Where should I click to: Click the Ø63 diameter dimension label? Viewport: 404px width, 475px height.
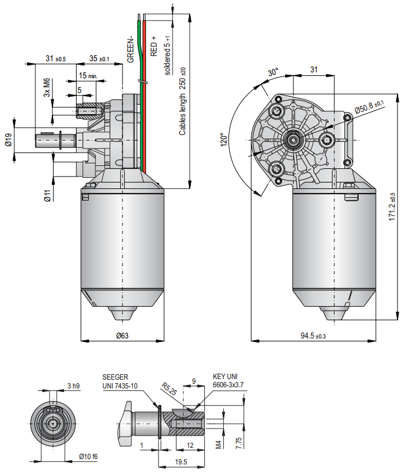(x=122, y=336)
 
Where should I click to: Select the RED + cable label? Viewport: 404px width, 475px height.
(x=154, y=45)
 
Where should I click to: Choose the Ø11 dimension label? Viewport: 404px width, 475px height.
(x=48, y=195)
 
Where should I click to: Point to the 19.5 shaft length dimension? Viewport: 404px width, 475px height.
(x=181, y=462)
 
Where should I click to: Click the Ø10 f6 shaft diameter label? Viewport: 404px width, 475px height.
(x=89, y=456)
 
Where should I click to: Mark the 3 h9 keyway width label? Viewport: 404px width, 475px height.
(x=73, y=386)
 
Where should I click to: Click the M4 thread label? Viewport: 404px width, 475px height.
(x=218, y=443)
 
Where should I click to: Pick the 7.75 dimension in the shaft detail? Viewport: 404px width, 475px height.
(x=238, y=443)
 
